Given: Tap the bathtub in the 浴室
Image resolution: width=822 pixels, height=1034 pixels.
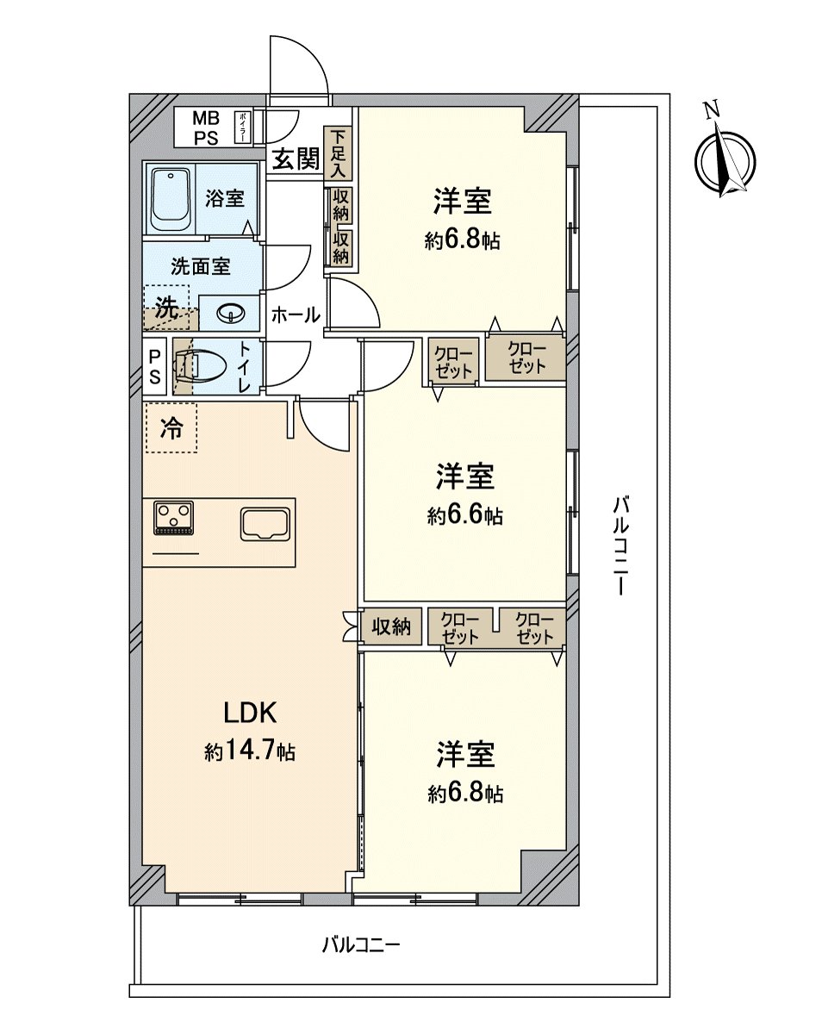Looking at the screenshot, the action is pyautogui.click(x=170, y=201).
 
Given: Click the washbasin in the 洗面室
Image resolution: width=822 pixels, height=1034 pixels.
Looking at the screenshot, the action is pyautogui.click(x=231, y=314).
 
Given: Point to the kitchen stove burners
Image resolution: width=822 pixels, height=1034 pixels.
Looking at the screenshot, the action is pyautogui.click(x=173, y=518).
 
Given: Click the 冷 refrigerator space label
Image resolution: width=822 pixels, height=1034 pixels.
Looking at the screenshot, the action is pyautogui.click(x=171, y=427).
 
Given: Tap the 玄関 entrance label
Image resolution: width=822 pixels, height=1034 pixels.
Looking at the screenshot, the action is pyautogui.click(x=296, y=158).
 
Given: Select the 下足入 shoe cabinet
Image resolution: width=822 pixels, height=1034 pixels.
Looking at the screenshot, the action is pyautogui.click(x=339, y=153).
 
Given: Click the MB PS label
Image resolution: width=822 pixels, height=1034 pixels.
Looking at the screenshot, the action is pyautogui.click(x=206, y=128).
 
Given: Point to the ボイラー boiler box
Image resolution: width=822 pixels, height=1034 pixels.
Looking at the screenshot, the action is pyautogui.click(x=243, y=128).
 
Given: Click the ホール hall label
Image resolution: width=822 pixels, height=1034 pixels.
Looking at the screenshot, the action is pyautogui.click(x=296, y=315).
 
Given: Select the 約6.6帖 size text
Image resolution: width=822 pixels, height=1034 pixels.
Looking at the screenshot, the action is pyautogui.click(x=465, y=515).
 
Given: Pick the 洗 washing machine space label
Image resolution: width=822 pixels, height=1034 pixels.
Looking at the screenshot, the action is pyautogui.click(x=169, y=308).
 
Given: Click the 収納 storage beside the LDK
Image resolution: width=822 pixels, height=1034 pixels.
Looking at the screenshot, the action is pyautogui.click(x=391, y=626).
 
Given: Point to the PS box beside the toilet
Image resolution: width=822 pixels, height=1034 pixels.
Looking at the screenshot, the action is pyautogui.click(x=154, y=366).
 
